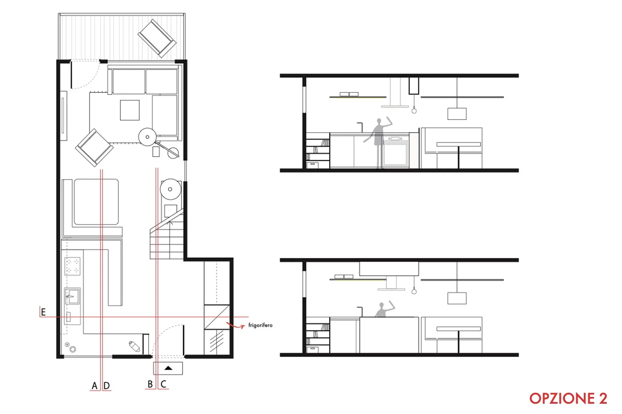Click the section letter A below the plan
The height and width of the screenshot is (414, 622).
(95, 386)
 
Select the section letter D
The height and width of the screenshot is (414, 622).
(107, 386)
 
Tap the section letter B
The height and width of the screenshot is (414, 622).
(150, 384)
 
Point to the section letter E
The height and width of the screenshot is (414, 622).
(43, 312)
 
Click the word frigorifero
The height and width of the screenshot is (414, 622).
(260, 325)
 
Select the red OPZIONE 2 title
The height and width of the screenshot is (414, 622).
(568, 398)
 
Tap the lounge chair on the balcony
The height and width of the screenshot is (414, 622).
(157, 38)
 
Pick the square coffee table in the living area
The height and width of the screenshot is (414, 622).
(130, 110)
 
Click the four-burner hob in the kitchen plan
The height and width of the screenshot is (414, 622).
(73, 266)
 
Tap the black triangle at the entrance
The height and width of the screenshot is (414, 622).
(168, 368)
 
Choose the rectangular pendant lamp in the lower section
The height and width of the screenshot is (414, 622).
(457, 298)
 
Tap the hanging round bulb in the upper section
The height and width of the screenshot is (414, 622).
(414, 111)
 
